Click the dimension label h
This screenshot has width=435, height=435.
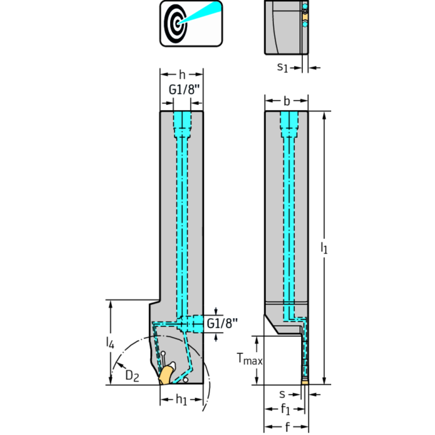click(x=181, y=74)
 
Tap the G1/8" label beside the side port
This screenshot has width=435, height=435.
click(x=222, y=323)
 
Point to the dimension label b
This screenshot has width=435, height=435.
click(x=286, y=102)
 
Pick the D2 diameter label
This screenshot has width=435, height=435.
click(x=132, y=375)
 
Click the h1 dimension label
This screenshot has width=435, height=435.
click(x=181, y=400)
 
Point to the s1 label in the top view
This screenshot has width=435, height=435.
click(x=282, y=67)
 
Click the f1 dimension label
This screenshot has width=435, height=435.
click(x=286, y=409)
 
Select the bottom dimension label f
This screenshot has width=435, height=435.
click(x=286, y=425)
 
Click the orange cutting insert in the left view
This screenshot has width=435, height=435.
click(x=166, y=374)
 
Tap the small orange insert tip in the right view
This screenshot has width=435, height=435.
click(x=305, y=382)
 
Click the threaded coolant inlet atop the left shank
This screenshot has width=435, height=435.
click(x=181, y=122)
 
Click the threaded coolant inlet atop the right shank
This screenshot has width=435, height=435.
click(x=289, y=122)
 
